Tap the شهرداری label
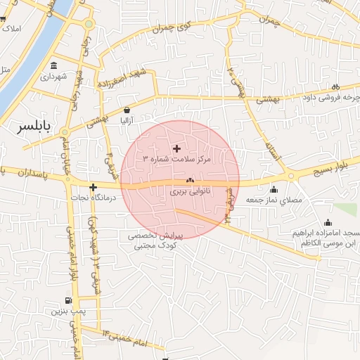(x=53, y=76)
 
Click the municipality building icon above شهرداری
(x=53, y=66)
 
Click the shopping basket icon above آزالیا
(x=127, y=110)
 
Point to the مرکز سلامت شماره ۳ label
(x=176, y=159)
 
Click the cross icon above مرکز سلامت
(x=176, y=148)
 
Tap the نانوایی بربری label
(x=190, y=191)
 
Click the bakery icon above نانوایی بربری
(x=190, y=181)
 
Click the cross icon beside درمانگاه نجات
(x=92, y=187)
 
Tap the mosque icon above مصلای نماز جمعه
(x=273, y=189)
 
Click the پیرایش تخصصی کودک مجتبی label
(x=154, y=241)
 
